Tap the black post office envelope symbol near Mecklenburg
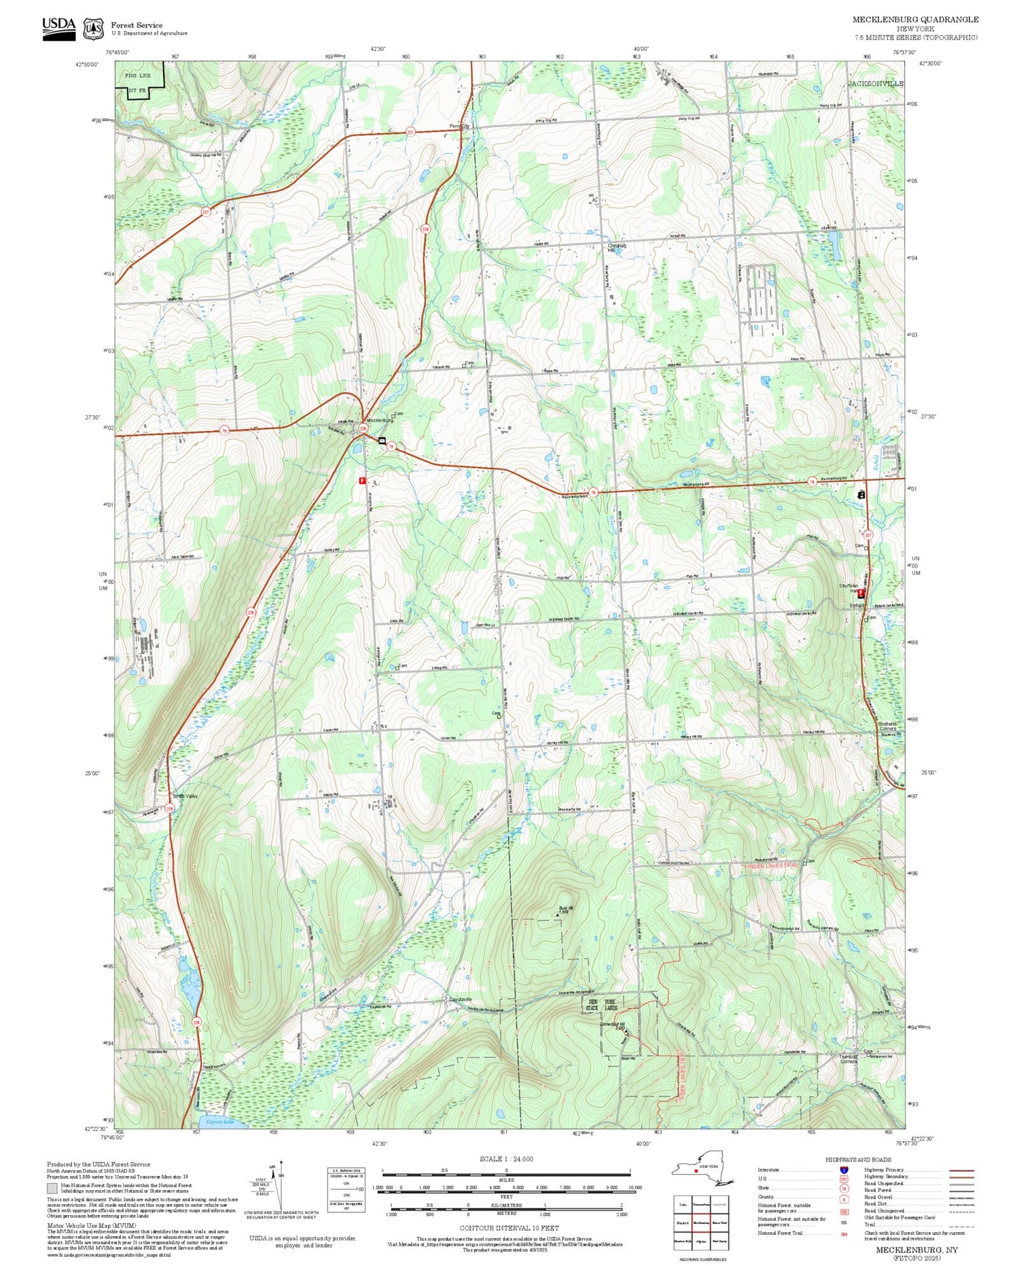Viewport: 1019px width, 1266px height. [x=382, y=441]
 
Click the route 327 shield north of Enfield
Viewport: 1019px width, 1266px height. [x=868, y=535]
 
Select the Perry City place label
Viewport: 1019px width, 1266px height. [x=460, y=126]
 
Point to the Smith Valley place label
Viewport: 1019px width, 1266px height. [x=185, y=796]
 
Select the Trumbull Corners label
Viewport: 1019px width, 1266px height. [x=849, y=1059]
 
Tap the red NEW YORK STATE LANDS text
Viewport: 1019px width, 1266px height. [x=602, y=1006]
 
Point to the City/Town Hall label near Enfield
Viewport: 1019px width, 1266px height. [x=848, y=588]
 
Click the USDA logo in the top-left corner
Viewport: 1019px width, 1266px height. [x=59, y=29]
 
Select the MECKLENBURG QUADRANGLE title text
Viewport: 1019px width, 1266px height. [x=915, y=20]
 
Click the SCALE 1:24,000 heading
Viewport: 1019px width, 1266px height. [x=506, y=1159]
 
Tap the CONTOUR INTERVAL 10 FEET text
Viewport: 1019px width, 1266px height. [x=509, y=1228]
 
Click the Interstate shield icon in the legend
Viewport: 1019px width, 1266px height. [x=844, y=1169]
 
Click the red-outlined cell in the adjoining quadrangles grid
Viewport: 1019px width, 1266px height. [x=701, y=1222]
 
